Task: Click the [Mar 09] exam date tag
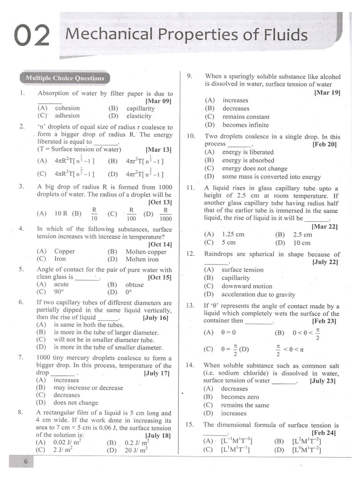point(159,101)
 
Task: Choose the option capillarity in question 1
point(140,108)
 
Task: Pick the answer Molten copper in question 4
point(146,252)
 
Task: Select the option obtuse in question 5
point(135,285)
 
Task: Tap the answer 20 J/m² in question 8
point(136,450)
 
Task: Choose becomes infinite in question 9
point(246,125)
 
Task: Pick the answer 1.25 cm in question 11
point(233,234)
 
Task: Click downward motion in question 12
point(247,286)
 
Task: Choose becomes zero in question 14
point(240,397)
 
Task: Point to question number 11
point(190,188)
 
